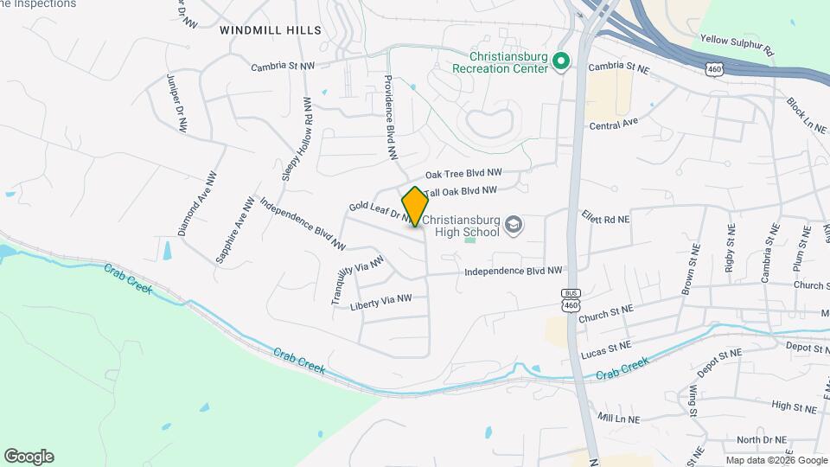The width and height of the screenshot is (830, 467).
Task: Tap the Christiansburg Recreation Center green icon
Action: click(559, 61)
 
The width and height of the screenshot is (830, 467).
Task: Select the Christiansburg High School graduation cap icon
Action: click(514, 226)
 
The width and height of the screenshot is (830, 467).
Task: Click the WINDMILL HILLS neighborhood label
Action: click(271, 30)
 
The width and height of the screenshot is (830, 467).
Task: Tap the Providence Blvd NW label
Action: click(391, 117)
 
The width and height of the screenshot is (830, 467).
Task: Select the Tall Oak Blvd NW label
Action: click(461, 190)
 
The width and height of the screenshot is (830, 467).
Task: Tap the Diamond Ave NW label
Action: click(198, 203)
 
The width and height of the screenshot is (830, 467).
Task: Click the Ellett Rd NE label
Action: click(605, 220)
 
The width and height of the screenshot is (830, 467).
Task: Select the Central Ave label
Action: click(613, 124)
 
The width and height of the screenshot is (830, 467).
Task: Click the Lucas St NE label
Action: click(606, 347)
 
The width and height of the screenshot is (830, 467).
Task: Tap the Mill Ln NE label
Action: click(618, 418)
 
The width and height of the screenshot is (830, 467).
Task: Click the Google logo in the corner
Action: click(29, 457)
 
